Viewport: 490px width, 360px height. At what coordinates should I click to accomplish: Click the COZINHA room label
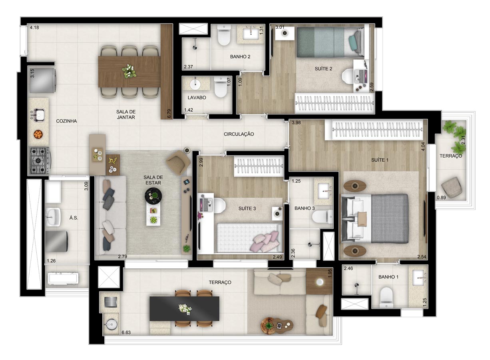(66, 121)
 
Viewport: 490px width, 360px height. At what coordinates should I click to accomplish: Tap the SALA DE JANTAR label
(126, 114)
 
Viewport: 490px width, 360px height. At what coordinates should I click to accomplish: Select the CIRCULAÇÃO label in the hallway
(239, 134)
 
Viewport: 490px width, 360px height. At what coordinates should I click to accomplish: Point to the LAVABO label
(197, 98)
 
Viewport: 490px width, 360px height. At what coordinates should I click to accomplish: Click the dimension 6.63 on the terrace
(126, 332)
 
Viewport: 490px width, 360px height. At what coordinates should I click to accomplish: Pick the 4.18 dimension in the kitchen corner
(34, 28)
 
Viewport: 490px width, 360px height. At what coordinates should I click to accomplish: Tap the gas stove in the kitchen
(40, 161)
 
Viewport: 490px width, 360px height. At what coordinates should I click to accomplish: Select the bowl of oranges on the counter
(38, 134)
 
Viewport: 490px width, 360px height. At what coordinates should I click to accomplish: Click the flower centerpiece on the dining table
(129, 71)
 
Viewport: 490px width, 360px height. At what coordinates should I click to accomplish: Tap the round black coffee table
(153, 195)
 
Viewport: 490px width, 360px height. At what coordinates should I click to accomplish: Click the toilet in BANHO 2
(224, 36)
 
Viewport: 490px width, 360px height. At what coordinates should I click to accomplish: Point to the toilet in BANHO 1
(386, 297)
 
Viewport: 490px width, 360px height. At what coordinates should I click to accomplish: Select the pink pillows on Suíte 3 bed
(266, 241)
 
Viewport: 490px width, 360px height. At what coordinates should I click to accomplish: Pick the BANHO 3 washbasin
(323, 191)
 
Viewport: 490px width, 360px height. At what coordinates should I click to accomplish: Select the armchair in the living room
(178, 162)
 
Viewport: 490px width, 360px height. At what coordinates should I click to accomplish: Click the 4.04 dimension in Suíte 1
(423, 146)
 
